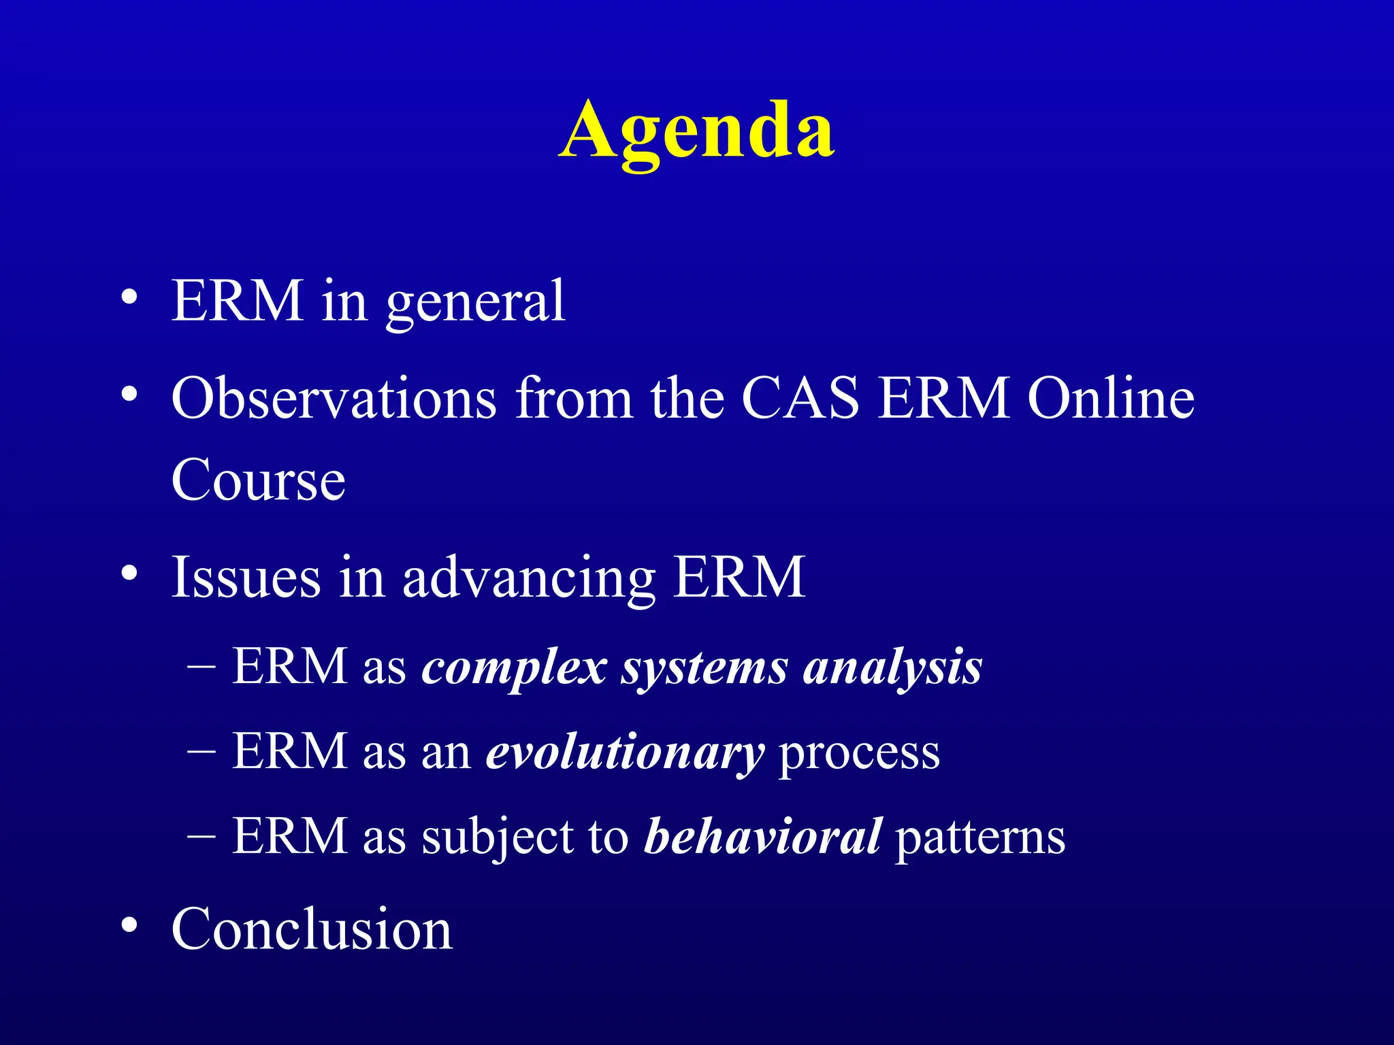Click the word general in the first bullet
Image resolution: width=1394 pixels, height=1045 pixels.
(475, 302)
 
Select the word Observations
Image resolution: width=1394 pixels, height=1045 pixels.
(334, 399)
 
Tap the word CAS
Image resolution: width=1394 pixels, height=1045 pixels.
(800, 399)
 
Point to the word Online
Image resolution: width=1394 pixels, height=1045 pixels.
(1110, 399)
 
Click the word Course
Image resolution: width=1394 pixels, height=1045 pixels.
(258, 480)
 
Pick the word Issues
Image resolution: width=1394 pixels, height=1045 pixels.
(246, 578)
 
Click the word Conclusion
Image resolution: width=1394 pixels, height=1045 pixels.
(311, 929)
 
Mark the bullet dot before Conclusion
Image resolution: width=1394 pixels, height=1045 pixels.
(129, 925)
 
